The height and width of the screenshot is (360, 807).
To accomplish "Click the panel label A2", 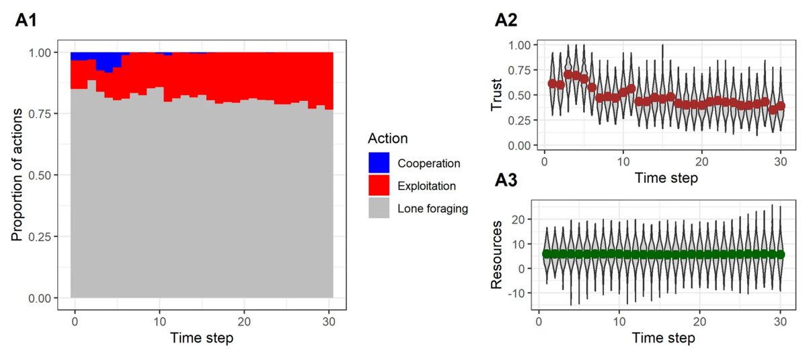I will pyautogui.click(x=507, y=21).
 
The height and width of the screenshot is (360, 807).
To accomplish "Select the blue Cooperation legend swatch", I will pyautogui.click(x=379, y=162).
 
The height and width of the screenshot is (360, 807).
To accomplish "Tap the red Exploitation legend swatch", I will pyautogui.click(x=379, y=185).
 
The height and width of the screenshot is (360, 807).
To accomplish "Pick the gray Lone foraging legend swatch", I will pyautogui.click(x=379, y=209).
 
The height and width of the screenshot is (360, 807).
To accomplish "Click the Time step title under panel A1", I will pyautogui.click(x=202, y=338).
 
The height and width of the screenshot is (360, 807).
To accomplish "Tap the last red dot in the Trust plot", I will pyautogui.click(x=780, y=106).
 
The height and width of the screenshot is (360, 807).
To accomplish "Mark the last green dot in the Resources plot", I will pyautogui.click(x=780, y=254).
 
